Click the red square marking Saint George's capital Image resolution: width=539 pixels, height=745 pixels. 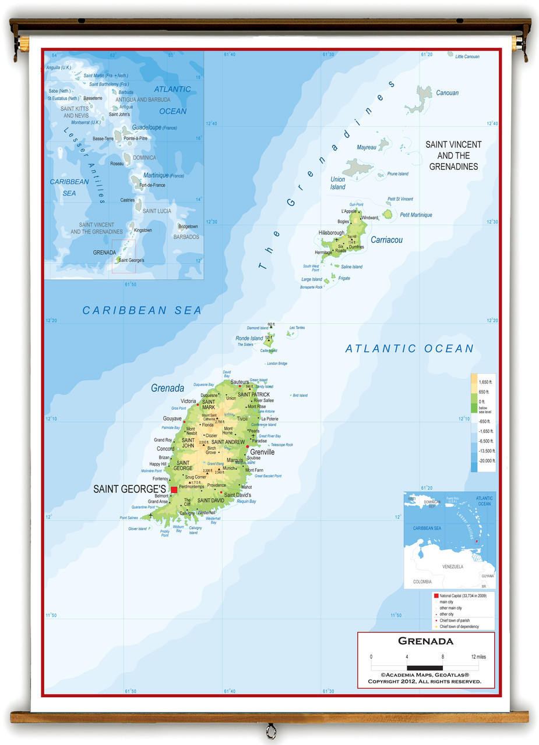pos(174,489)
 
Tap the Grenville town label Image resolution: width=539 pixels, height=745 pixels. pos(262,452)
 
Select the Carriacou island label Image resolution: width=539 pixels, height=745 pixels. pos(386,240)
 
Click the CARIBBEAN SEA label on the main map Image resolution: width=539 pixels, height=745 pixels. pos(142,311)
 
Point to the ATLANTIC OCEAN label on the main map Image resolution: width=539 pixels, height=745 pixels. pos(410,349)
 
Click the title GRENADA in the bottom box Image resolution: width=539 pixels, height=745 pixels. pos(425,641)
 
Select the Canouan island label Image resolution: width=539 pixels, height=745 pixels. pos(447,93)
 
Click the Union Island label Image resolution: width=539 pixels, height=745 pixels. pos(338,183)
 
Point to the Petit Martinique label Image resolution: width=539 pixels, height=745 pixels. pos(416,215)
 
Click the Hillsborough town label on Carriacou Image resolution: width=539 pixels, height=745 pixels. pos(332,233)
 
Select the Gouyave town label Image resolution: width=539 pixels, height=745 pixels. pos(172,418)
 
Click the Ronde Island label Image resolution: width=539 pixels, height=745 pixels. pos(249,338)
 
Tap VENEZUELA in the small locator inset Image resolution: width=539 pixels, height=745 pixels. pos(452,566)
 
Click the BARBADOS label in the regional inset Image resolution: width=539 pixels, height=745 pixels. pos(186,237)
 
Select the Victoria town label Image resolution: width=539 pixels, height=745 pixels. pos(188,401)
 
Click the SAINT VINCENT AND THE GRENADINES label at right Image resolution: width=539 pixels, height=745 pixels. pos(453,155)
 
